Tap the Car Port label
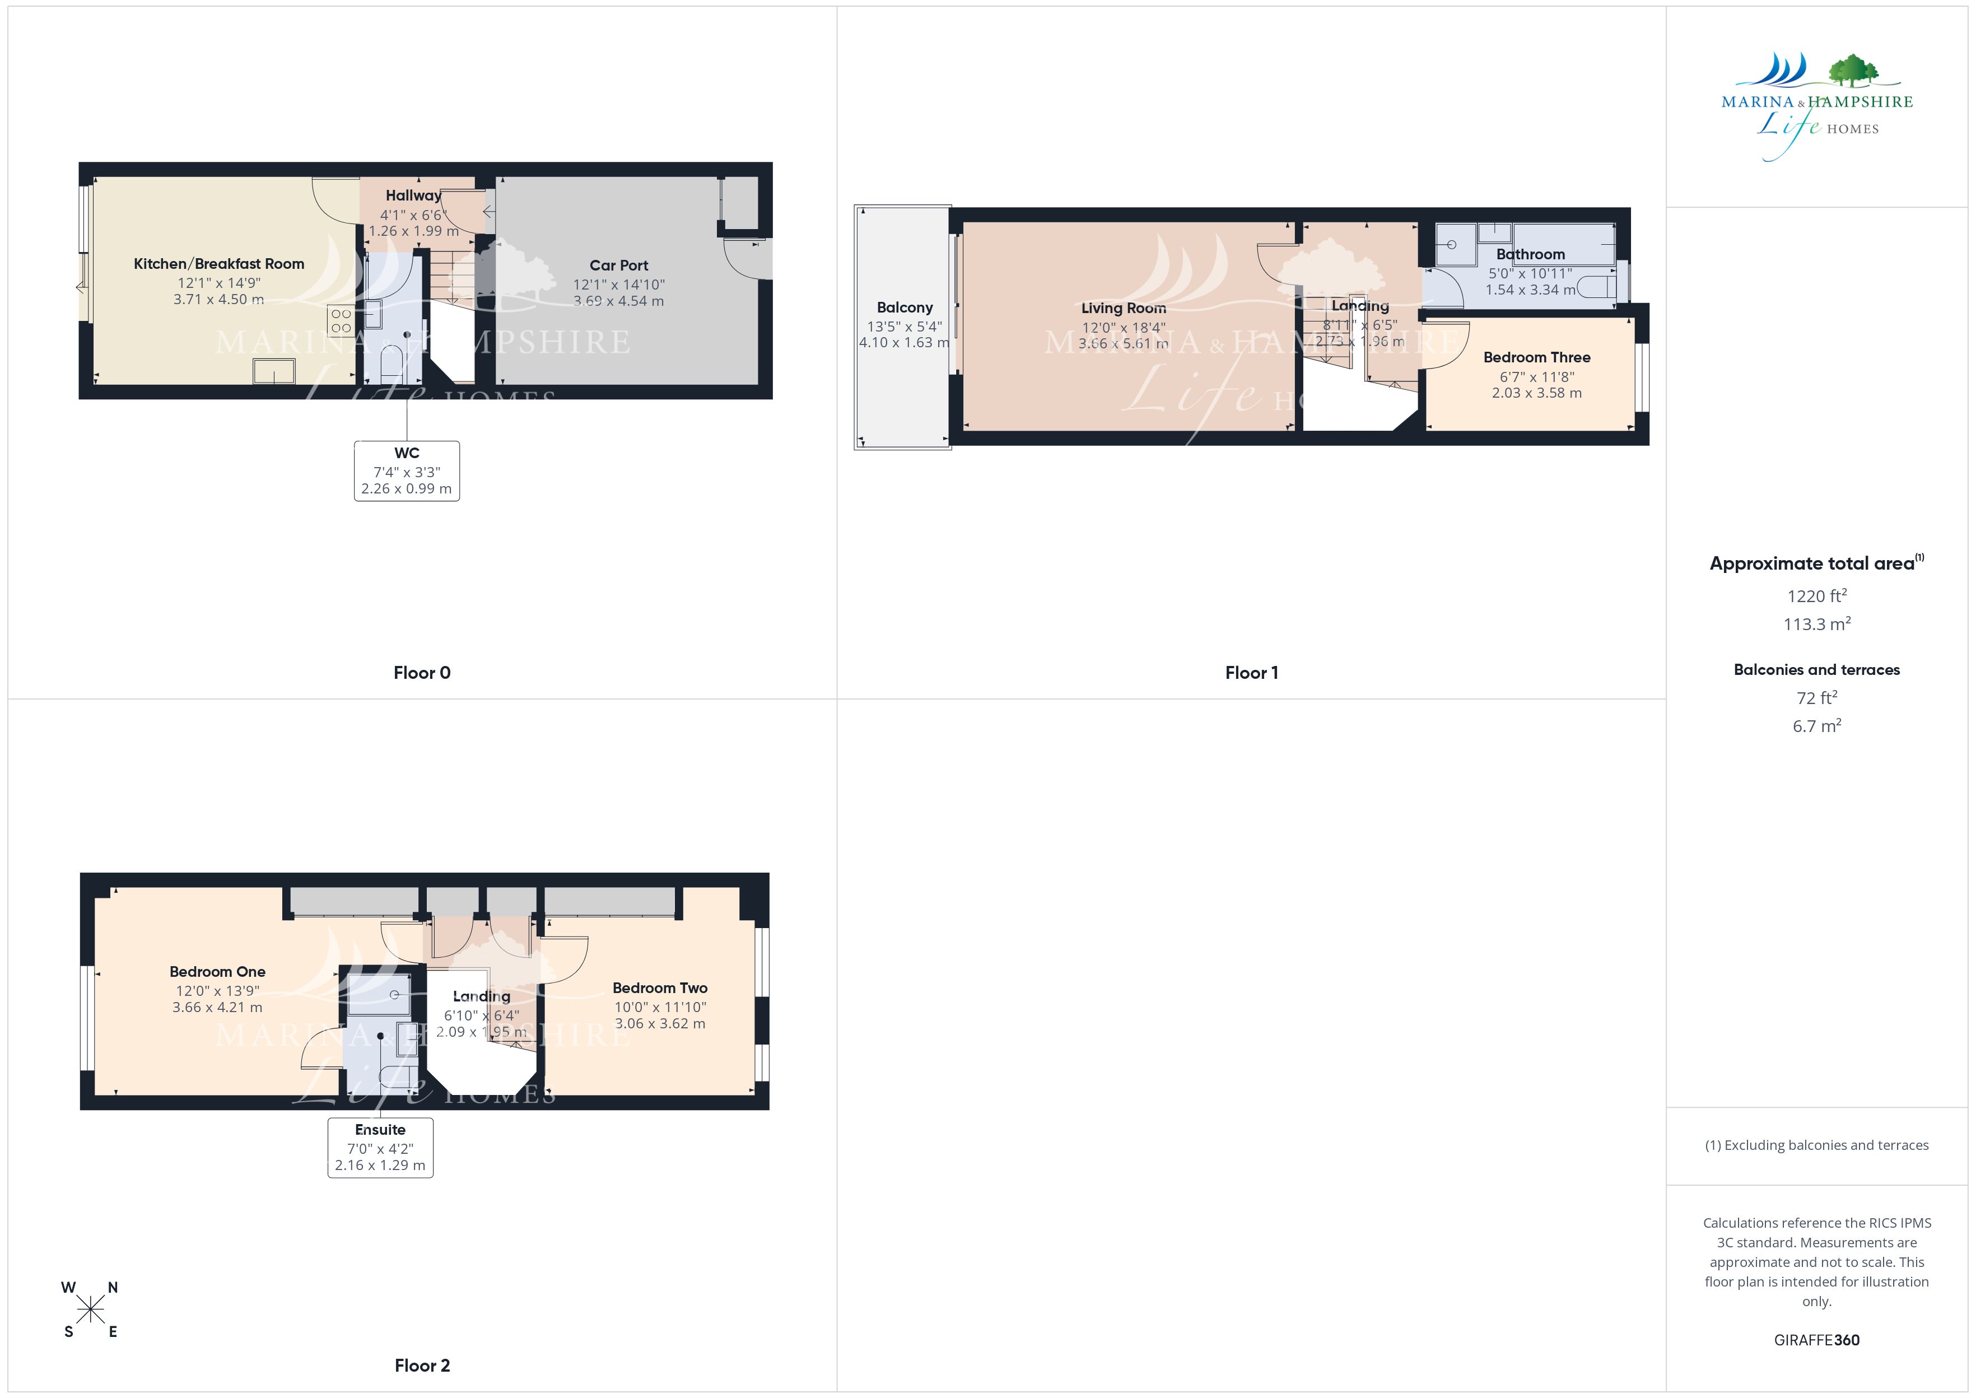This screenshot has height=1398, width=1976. click(x=619, y=265)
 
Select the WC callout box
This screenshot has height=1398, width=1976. click(x=407, y=471)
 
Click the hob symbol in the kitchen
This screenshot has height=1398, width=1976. click(x=341, y=321)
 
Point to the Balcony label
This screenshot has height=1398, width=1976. click(x=905, y=307)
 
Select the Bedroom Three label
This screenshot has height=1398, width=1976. click(x=1536, y=357)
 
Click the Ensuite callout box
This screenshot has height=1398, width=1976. click(x=380, y=1148)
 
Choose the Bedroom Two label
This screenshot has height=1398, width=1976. click(x=660, y=988)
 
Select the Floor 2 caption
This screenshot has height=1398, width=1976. click(x=422, y=1366)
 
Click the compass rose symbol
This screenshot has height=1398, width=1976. click(x=90, y=1310)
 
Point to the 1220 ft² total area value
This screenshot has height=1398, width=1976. click(x=1817, y=596)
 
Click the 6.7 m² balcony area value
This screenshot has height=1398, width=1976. click(x=1817, y=726)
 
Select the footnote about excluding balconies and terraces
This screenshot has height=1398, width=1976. click(x=1817, y=1145)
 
